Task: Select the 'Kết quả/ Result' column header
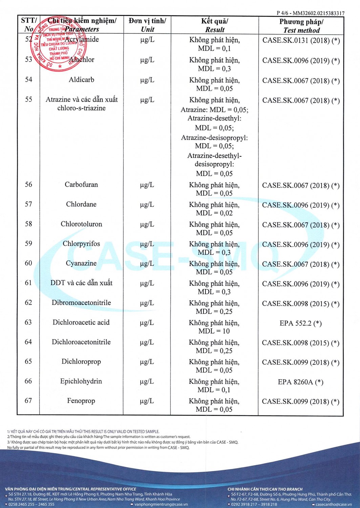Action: coord(214,25)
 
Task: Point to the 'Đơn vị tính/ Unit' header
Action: coord(147,25)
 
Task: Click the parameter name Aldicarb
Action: coord(81,80)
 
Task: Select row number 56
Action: coord(28,185)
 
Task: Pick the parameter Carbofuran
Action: coord(81,185)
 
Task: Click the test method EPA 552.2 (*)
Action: coord(300,323)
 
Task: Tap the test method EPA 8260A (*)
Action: coord(300,382)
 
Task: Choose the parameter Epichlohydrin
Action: coord(81,381)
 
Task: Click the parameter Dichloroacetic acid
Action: coord(81,322)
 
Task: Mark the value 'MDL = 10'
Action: coord(214,331)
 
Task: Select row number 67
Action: coord(28,401)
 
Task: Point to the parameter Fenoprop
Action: coord(81,401)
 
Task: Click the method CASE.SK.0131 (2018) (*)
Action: coord(301,41)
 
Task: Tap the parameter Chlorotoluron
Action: coord(81,224)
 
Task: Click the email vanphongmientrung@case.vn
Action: coord(161,504)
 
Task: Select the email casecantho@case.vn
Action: coord(334,504)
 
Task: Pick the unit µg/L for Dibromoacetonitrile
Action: coord(147,303)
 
